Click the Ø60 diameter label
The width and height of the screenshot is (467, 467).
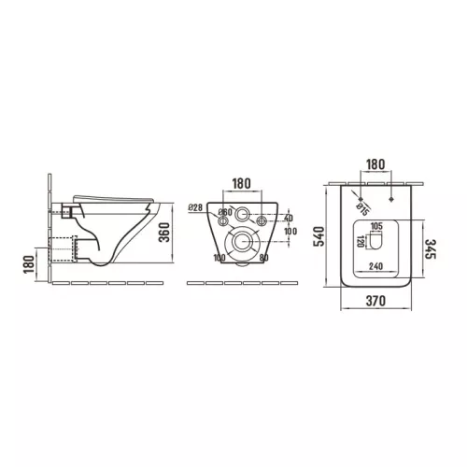[x=225, y=214]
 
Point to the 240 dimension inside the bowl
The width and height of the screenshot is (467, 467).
[x=376, y=264]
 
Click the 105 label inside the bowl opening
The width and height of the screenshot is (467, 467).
[x=378, y=228]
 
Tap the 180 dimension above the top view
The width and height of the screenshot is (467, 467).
[x=375, y=164]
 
